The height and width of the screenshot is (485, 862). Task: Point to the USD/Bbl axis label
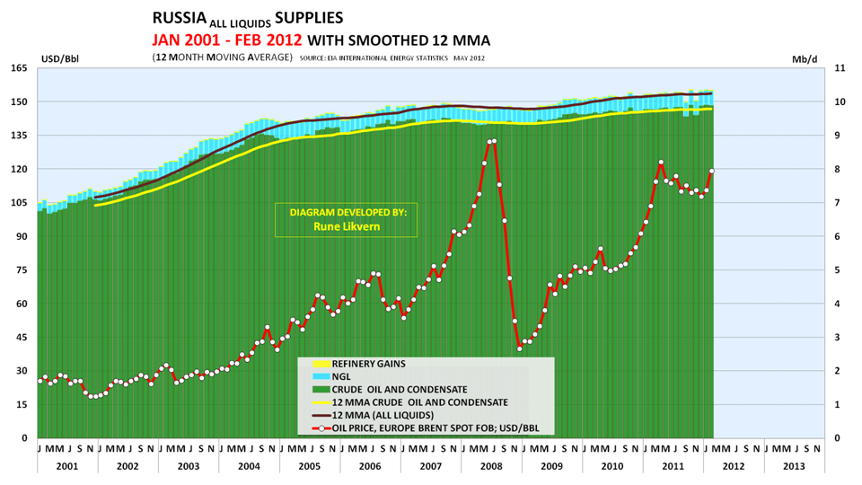click(x=59, y=59)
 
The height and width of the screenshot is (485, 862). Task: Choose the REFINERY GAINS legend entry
click(x=369, y=365)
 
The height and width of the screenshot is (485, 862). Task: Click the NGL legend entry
click(x=342, y=377)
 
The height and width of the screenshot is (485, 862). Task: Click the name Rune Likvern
click(x=347, y=226)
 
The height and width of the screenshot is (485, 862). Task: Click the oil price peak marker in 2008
click(x=493, y=141)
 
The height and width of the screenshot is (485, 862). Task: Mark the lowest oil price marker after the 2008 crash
click(x=519, y=348)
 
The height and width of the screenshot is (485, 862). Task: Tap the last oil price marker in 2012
click(x=712, y=171)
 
